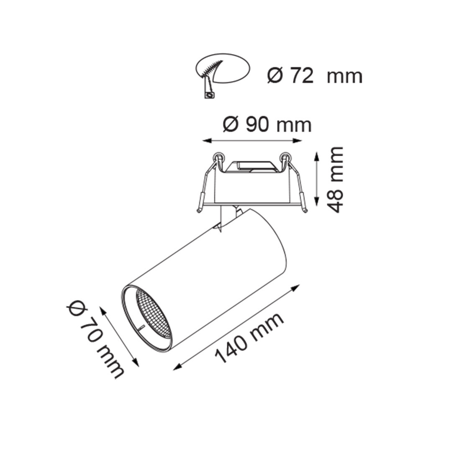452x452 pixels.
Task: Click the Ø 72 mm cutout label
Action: [x=314, y=76]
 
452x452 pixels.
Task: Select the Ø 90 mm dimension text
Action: [x=267, y=125]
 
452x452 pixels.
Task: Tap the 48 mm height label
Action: [x=336, y=179]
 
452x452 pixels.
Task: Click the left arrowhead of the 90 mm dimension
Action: [x=207, y=141]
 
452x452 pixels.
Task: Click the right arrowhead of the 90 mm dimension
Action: [x=297, y=141]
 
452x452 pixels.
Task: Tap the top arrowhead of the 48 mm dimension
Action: [x=317, y=157]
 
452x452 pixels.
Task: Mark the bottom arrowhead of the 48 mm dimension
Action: [x=317, y=201]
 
